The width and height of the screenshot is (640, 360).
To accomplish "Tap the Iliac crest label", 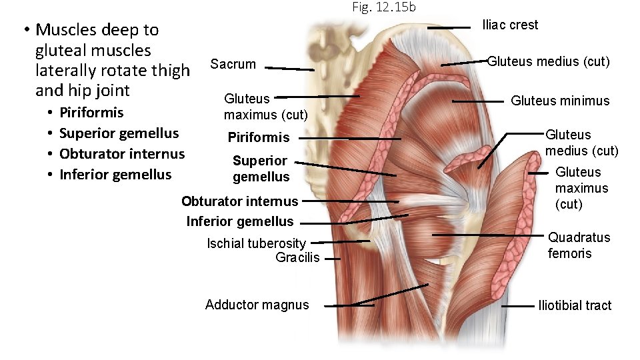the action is [x=510, y=25].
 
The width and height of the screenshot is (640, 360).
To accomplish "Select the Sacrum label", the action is [x=233, y=64].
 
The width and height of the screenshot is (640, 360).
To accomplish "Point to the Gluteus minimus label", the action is [x=560, y=101].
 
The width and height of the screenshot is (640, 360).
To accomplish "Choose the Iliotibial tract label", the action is [x=574, y=305].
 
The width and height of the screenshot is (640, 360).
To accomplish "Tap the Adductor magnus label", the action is [x=257, y=305].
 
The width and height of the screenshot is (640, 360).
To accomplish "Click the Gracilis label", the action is [x=297, y=257].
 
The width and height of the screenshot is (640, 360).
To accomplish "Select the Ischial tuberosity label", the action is [x=256, y=243].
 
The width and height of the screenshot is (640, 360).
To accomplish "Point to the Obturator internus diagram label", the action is [x=240, y=201].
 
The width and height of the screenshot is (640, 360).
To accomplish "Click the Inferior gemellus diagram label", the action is [x=240, y=221].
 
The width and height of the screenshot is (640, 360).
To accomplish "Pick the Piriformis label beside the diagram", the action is [x=259, y=137].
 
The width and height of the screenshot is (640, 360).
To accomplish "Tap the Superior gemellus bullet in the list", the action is [x=119, y=133].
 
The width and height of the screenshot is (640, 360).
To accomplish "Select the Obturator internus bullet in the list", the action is [x=121, y=153].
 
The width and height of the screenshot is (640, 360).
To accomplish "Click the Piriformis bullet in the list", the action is [x=91, y=112].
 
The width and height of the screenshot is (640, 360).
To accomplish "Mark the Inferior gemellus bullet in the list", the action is [x=115, y=174].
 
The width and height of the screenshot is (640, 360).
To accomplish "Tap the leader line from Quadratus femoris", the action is [x=487, y=235].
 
